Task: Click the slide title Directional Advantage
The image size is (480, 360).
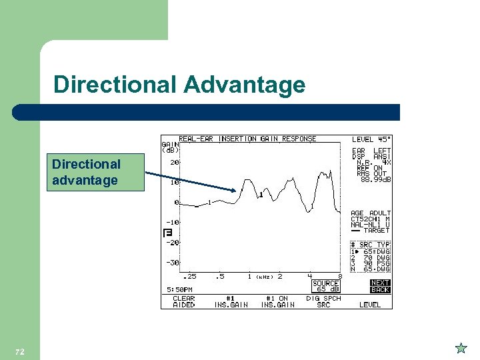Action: pyautogui.click(x=179, y=85)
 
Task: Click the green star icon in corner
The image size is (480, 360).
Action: pyautogui.click(x=461, y=348)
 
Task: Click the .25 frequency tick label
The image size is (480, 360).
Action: pyautogui.click(x=190, y=276)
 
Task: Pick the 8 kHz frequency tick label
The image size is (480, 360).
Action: pyautogui.click(x=340, y=276)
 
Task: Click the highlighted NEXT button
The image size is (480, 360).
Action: pyautogui.click(x=380, y=283)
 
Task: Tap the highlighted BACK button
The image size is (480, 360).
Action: pyautogui.click(x=380, y=290)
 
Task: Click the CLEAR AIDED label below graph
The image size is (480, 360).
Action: pyautogui.click(x=183, y=302)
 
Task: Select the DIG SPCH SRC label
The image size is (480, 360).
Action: pyautogui.click(x=323, y=302)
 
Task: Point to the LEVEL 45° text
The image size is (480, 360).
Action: pyautogui.click(x=371, y=139)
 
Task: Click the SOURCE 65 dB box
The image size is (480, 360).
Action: pyautogui.click(x=326, y=287)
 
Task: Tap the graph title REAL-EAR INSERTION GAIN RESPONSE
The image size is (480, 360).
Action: pyautogui.click(x=247, y=139)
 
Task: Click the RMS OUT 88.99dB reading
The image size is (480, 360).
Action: pyautogui.click(x=373, y=177)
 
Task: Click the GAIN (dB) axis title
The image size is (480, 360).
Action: pyautogui.click(x=170, y=147)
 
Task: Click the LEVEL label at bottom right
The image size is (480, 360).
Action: pyautogui.click(x=370, y=305)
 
